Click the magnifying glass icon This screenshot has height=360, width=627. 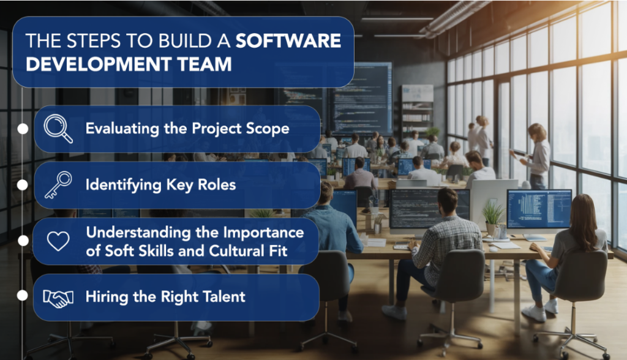click(58, 129)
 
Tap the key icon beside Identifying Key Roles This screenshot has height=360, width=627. click(58, 185)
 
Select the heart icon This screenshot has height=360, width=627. click(58, 241)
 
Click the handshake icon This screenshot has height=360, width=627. click(58, 298)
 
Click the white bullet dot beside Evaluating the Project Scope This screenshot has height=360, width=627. click(23, 129)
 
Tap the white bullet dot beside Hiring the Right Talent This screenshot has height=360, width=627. click(23, 295)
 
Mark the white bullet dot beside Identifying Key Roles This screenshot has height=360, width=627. click(23, 184)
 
